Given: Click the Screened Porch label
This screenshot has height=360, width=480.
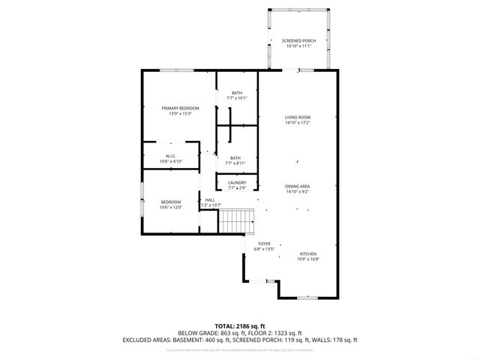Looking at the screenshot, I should [x=298, y=40].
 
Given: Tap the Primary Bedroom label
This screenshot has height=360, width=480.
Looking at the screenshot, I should [x=180, y=108].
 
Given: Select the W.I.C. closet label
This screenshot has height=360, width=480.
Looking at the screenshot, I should [x=170, y=156].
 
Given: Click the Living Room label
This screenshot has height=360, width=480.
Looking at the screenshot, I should [x=297, y=118].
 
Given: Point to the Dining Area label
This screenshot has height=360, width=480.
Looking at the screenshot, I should [x=297, y=186].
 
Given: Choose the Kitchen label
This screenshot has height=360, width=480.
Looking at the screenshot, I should [x=308, y=253].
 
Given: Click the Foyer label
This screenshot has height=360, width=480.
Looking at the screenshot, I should [x=264, y=244].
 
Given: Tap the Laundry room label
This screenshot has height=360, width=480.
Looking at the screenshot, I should [x=237, y=182].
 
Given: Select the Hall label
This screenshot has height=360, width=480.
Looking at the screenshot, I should [x=210, y=199].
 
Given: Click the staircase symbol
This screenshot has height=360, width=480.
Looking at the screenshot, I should [x=237, y=222].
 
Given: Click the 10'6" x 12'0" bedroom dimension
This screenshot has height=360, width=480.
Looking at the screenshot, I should [x=170, y=207].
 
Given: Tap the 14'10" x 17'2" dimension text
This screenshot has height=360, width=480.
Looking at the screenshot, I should [x=297, y=123].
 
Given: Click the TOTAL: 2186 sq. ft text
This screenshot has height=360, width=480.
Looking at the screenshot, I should [x=240, y=325].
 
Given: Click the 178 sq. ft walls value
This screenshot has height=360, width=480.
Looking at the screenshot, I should [x=343, y=340].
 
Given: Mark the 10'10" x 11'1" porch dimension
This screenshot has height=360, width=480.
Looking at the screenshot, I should [x=298, y=46].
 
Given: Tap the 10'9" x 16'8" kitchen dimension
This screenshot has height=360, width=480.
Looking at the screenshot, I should [x=308, y=259].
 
